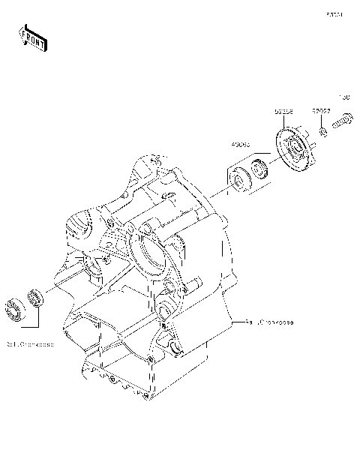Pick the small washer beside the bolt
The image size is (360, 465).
tap(321, 132)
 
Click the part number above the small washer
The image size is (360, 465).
tap(321, 110)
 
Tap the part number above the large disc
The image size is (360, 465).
tap(283, 111)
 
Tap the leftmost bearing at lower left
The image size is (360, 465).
tap(13, 309)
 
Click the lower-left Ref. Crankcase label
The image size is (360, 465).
tap(30, 346)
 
